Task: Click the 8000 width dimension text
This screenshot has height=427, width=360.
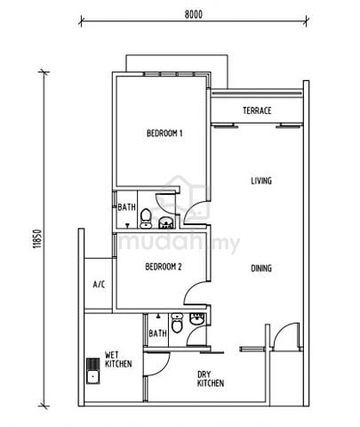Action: coord(194,14)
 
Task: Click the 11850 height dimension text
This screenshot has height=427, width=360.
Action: coord(38,238)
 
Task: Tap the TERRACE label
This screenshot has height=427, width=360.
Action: coord(257,110)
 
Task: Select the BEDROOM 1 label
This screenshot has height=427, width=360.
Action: coord(164,133)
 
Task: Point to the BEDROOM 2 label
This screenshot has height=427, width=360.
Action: coord(164,267)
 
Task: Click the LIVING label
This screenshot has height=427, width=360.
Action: coord(261,181)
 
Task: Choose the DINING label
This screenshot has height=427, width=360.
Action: coord(261,269)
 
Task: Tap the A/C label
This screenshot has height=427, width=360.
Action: coord(99,285)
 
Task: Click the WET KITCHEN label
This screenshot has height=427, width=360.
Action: coord(118,359)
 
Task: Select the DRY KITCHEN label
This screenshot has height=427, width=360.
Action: coord(211,379)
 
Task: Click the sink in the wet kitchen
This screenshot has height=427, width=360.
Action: coord(93,371)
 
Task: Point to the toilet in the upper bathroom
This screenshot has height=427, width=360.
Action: coord(146,219)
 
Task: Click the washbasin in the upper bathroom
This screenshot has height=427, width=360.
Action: coord(166,222)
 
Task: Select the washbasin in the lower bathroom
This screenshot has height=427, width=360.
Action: coord(196,318)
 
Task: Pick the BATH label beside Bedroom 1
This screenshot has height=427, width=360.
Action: coord(126,207)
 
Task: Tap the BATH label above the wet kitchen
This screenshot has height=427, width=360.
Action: coord(157,334)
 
